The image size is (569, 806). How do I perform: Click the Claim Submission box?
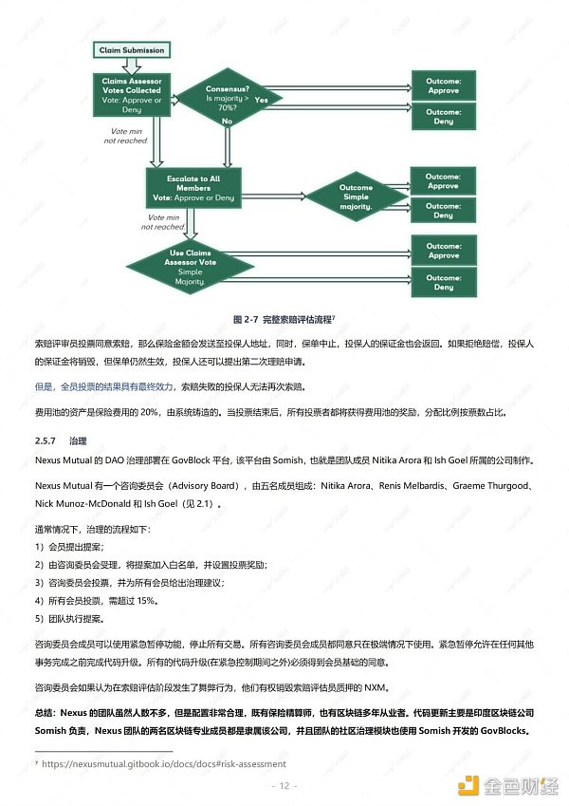click(132, 50)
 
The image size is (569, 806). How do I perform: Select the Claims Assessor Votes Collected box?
click(132, 95)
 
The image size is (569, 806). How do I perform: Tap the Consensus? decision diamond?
click(228, 98)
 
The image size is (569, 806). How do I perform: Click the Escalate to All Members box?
click(193, 188)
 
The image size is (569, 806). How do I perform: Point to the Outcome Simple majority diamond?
click(356, 197)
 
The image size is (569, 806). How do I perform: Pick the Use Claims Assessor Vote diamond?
click(190, 267)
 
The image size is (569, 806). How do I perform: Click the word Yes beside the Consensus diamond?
click(262, 100)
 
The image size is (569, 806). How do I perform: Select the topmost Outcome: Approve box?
click(443, 85)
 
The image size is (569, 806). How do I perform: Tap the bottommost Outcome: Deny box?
click(444, 282)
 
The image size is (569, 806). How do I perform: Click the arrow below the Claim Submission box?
click(132, 66)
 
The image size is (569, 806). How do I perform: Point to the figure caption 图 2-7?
click(245, 320)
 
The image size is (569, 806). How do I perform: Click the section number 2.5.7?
click(46, 441)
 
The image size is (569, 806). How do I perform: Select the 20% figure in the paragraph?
click(149, 412)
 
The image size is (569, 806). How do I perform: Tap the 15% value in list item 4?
click(146, 600)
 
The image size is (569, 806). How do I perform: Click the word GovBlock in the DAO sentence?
click(191, 460)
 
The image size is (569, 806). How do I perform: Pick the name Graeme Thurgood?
click(490, 486)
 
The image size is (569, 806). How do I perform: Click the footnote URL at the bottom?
click(164, 764)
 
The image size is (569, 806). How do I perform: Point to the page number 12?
click(284, 786)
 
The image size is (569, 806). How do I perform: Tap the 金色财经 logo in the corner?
click(507, 785)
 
